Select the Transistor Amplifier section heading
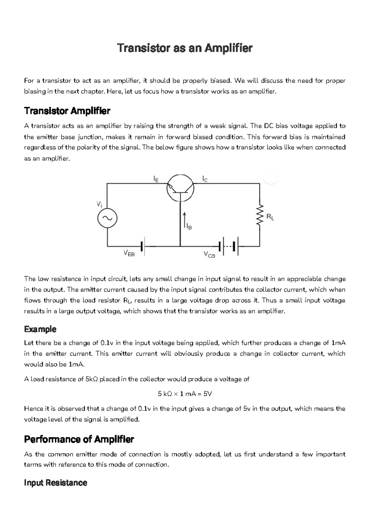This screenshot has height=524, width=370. [67, 111]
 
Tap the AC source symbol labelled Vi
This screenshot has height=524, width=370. [107, 218]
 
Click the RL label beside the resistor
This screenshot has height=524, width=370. [270, 217]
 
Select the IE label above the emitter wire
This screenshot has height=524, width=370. [156, 178]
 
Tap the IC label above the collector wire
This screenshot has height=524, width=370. [205, 178]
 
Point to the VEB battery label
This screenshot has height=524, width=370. [129, 254]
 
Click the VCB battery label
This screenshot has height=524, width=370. [209, 255]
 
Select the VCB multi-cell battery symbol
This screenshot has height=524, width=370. [228, 246]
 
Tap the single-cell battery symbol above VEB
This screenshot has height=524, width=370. [143, 246]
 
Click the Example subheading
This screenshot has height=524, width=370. [40, 329]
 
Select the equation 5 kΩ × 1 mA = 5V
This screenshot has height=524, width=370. [185, 394]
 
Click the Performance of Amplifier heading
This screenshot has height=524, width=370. [79, 439]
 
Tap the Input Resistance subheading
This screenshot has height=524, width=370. [55, 483]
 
